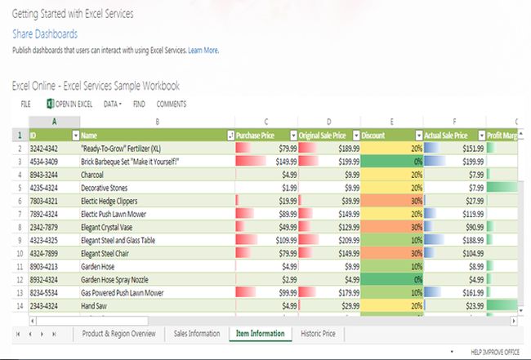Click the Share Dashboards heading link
click(x=45, y=33)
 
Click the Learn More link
click(x=203, y=51)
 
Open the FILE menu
click(x=25, y=104)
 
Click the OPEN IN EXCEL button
click(x=70, y=104)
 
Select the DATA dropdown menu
click(x=113, y=104)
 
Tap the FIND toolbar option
click(x=139, y=104)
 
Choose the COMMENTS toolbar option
click(x=171, y=104)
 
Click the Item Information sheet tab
click(x=260, y=333)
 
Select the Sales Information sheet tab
click(x=197, y=333)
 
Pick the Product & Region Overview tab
click(x=118, y=333)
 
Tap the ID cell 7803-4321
click(x=44, y=201)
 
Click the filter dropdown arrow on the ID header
click(x=76, y=136)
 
